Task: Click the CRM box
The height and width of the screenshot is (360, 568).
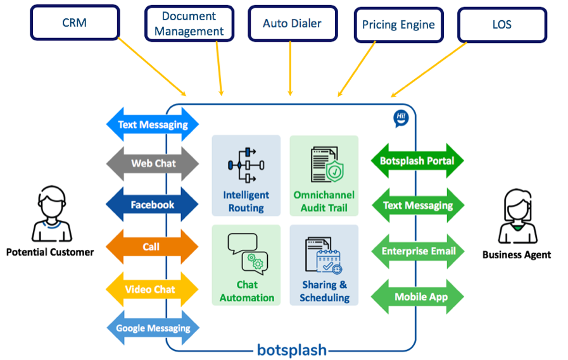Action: click(x=74, y=22)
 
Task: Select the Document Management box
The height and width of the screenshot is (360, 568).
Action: click(x=189, y=23)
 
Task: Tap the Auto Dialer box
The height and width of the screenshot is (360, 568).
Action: click(x=292, y=23)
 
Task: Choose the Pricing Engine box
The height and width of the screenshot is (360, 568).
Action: click(x=398, y=25)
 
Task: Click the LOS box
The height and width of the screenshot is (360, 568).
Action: click(x=502, y=25)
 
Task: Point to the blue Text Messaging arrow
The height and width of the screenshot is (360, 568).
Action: click(x=153, y=125)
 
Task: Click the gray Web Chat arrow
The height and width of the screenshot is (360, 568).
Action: click(x=153, y=163)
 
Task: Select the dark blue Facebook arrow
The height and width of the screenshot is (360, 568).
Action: click(x=153, y=204)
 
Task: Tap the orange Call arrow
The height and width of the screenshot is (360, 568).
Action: click(x=152, y=247)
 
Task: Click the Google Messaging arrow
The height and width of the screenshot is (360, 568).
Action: click(x=153, y=328)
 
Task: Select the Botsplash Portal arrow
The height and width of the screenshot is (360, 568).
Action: click(x=417, y=161)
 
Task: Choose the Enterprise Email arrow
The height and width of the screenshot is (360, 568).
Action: click(x=418, y=251)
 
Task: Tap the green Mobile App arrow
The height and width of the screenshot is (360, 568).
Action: click(x=418, y=297)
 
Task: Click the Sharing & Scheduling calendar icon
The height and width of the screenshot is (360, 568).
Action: click(x=324, y=256)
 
